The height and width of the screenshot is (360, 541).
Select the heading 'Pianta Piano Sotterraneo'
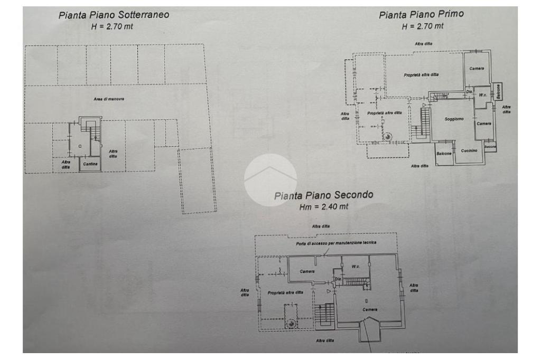114,15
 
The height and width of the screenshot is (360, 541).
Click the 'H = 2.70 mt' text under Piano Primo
423,26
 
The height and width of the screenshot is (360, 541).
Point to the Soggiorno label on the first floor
454,119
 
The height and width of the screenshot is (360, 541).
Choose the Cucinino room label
469,150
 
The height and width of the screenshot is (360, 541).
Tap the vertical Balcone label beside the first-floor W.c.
498,91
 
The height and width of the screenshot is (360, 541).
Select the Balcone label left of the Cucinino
444,154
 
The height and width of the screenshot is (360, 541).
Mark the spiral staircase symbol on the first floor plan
388,137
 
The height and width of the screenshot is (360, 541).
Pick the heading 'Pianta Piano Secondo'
323,195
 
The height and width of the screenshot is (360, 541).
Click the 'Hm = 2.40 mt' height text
324,207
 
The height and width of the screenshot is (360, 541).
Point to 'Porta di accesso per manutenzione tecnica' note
336,243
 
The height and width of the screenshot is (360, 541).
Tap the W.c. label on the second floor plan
356,267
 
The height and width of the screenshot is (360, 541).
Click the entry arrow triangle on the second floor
329,290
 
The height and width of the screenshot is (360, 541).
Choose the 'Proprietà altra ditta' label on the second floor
285,292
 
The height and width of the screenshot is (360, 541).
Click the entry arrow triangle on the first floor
424,106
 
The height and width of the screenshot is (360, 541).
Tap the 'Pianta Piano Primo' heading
421,14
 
